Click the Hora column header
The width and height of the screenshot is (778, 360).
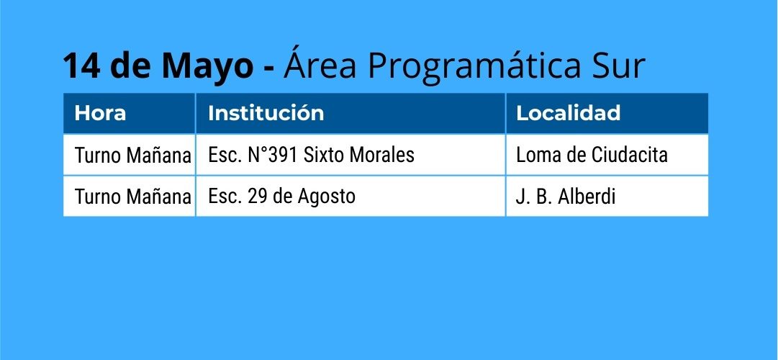pyautogui.click(x=100, y=113)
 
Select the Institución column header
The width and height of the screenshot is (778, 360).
pyautogui.click(x=266, y=113)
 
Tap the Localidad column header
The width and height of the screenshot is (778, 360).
pyautogui.click(x=568, y=113)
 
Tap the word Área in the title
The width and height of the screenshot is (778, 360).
pyautogui.click(x=320, y=63)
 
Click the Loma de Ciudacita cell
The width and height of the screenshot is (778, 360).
pyautogui.click(x=592, y=155)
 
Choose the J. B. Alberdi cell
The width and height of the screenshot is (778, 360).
pyautogui.click(x=566, y=197)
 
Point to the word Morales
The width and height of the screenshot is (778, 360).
pyautogui.click(x=382, y=155)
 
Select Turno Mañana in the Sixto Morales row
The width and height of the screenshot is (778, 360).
pyautogui.click(x=132, y=156)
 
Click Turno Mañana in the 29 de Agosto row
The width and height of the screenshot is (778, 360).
pyautogui.click(x=132, y=197)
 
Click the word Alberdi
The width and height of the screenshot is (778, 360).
pyautogui.click(x=587, y=197)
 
